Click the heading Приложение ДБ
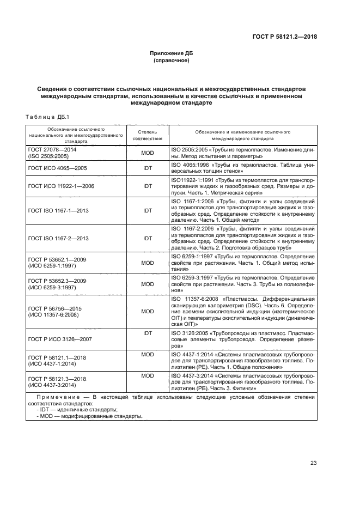point(172,53)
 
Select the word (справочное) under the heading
point(172,60)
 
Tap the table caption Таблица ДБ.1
point(44,117)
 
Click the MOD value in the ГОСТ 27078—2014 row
point(148,153)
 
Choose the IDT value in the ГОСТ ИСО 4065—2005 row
point(148,168)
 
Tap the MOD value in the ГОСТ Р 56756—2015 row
point(148,311)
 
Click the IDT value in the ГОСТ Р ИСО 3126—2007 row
point(148,332)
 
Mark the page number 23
point(313,463)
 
